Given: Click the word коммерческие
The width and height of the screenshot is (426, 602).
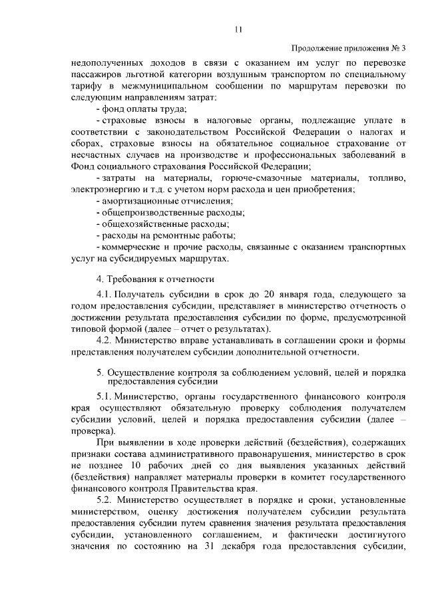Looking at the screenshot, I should tap(136, 247).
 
